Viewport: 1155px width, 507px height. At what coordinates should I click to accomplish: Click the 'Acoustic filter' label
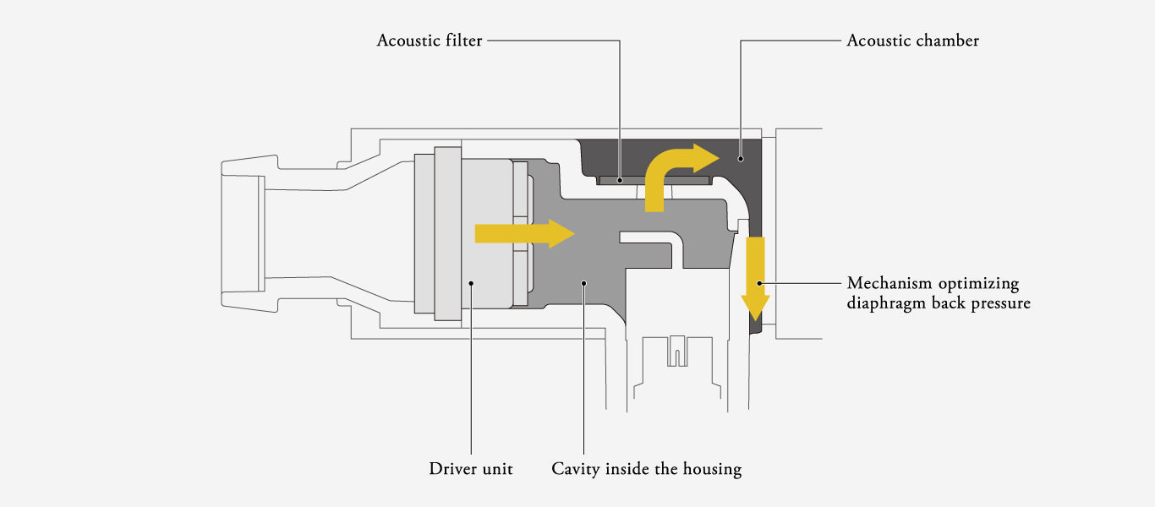pyautogui.click(x=430, y=41)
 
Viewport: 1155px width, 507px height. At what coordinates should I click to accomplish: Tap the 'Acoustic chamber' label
pyautogui.click(x=912, y=41)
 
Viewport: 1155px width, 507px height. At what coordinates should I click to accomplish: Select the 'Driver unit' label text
pyautogui.click(x=470, y=468)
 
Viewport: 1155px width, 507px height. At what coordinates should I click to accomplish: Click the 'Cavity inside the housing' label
pyautogui.click(x=646, y=468)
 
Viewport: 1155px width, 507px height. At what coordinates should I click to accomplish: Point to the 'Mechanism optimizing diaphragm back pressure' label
pyautogui.click(x=939, y=292)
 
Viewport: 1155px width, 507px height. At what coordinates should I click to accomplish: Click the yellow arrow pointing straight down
pyautogui.click(x=755, y=280)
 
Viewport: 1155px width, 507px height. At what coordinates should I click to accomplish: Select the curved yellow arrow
pyautogui.click(x=672, y=172)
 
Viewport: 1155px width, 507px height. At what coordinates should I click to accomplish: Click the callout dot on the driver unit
pyautogui.click(x=470, y=283)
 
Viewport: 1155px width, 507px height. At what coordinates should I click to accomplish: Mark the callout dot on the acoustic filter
pyautogui.click(x=620, y=180)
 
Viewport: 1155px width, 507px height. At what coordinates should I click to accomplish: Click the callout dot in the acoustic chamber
pyautogui.click(x=740, y=157)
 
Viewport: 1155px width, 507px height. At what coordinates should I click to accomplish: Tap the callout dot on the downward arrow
pyautogui.click(x=758, y=283)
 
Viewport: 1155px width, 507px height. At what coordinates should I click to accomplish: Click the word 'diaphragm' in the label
pyautogui.click(x=889, y=303)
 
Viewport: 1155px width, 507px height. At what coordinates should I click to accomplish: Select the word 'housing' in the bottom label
pyautogui.click(x=710, y=468)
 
